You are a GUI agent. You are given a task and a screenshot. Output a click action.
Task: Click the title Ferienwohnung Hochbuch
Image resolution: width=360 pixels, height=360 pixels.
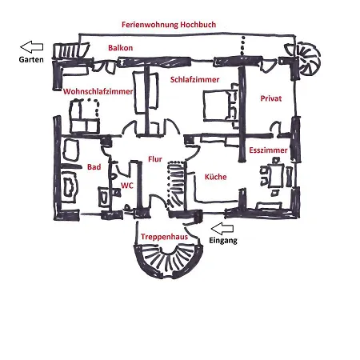click(x=169, y=25)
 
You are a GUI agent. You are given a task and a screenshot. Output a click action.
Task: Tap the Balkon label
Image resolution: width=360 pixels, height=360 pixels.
click(x=120, y=48)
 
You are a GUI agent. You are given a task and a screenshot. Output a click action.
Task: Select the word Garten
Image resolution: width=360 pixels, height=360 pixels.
click(x=31, y=59)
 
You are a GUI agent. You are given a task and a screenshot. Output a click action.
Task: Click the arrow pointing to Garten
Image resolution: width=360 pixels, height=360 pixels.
click(x=32, y=47)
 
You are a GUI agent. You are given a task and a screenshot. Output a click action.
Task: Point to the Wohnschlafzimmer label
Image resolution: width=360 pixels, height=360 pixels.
click(x=98, y=91)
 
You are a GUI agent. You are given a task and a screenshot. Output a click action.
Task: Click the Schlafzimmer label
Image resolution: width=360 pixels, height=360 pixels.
click(x=194, y=79)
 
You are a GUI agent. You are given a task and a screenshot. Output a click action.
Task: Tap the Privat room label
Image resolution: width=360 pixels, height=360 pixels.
click(x=271, y=98)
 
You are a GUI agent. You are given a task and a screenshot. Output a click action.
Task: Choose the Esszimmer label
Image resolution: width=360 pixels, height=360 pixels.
click(x=268, y=150)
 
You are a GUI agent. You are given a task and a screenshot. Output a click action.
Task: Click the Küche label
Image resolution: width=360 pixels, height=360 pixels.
click(x=215, y=177)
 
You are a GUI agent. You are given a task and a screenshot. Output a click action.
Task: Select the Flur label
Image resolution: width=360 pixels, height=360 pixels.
click(x=155, y=159)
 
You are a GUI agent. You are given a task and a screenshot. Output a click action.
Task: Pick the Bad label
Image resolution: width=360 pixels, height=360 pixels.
click(x=94, y=167)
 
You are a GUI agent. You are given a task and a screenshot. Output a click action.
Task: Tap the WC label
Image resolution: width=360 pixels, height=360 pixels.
click(x=126, y=186)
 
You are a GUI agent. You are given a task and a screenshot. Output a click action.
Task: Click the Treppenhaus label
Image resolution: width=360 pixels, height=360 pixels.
click(x=164, y=237)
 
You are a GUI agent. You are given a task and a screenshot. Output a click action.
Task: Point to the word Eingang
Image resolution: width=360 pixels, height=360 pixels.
click(x=223, y=241)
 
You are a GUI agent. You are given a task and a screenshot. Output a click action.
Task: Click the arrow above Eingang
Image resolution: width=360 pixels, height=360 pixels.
click(x=222, y=229)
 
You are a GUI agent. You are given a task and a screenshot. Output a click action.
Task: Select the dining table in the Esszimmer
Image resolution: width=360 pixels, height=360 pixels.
click(x=276, y=175)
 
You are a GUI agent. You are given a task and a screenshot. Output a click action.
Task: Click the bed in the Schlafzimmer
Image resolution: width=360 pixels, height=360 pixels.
click(x=219, y=106)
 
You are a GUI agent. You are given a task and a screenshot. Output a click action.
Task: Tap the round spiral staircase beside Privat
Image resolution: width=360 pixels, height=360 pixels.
click(x=306, y=59)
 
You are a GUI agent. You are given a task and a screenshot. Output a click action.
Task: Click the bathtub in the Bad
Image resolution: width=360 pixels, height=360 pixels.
click(x=70, y=185)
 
